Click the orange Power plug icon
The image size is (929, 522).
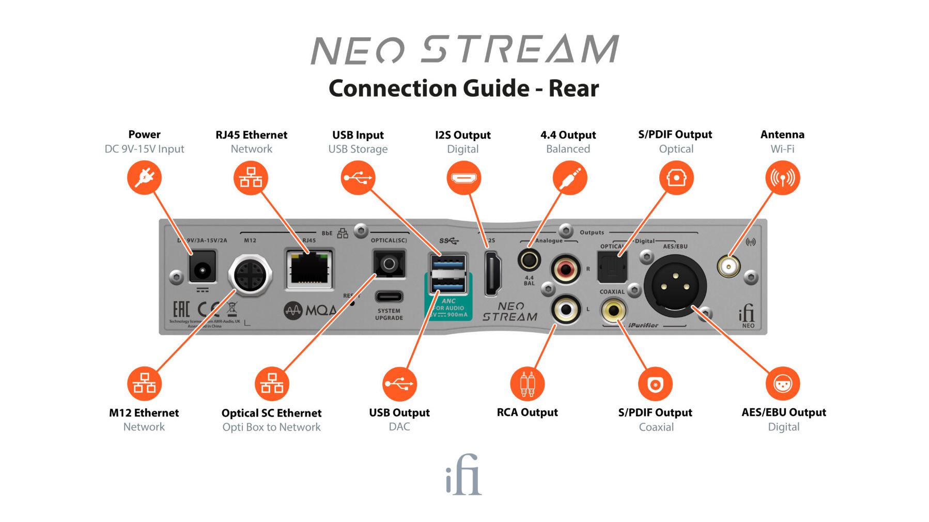tap(144, 178)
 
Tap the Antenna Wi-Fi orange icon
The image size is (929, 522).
tap(782, 178)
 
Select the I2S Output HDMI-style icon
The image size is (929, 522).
tap(463, 178)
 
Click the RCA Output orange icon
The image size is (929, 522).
tap(527, 384)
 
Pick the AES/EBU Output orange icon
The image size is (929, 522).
tap(783, 384)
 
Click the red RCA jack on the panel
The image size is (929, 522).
tap(566, 269)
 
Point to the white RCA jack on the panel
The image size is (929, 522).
tap(566, 310)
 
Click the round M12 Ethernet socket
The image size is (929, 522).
tap(251, 274)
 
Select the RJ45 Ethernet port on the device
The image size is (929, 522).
tap(309, 268)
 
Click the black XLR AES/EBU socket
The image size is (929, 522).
tap(675, 286)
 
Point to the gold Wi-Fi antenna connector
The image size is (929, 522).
tap(729, 267)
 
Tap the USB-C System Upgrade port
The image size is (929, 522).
tap(389, 297)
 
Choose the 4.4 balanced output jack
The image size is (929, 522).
tap(529, 259)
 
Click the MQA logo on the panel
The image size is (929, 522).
tap(310, 310)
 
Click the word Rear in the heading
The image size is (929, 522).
tap(574, 88)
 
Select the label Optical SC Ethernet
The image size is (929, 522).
tap(271, 413)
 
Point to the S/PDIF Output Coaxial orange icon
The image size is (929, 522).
tap(655, 384)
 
